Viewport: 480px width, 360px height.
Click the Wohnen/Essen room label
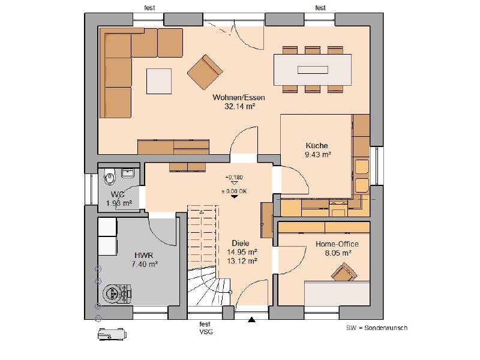239,97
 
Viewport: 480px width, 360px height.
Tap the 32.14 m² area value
239,106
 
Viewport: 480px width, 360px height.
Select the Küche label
317,145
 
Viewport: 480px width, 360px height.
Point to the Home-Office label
337,244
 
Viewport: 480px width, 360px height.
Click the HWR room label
143,256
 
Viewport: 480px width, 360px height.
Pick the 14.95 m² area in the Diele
242,252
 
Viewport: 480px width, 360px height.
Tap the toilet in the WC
109,176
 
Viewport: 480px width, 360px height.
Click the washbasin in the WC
128,173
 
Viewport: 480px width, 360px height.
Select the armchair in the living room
205,72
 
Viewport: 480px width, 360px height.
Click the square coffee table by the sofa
159,81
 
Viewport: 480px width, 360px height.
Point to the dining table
313,70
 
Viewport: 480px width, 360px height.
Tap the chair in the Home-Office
344,272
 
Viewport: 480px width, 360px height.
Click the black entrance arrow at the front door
251,320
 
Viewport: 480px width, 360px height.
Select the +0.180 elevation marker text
234,177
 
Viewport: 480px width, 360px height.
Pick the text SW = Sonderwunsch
377,328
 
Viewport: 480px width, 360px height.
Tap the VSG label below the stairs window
206,332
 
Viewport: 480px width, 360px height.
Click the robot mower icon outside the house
112,334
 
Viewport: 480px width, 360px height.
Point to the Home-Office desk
337,293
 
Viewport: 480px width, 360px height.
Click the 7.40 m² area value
145,264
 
